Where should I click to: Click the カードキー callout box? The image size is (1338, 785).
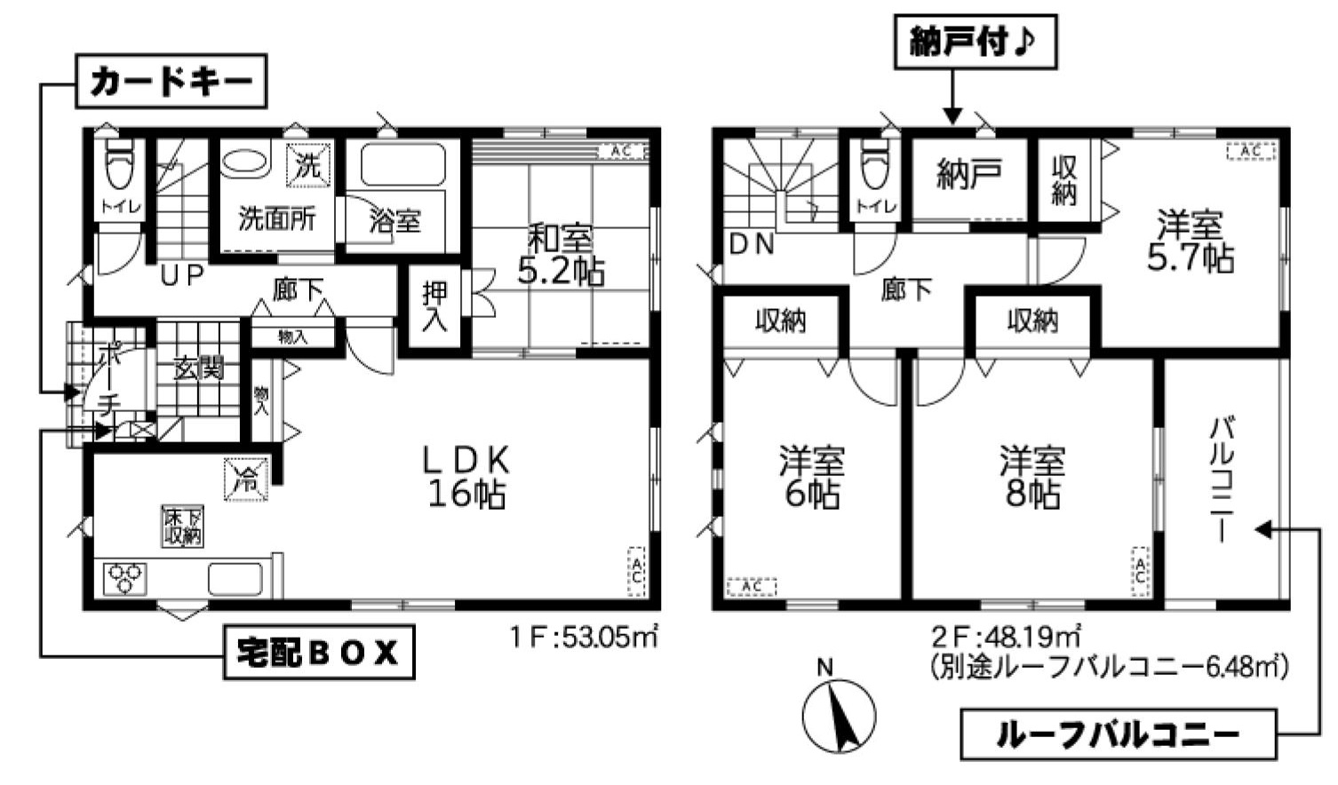[171, 81]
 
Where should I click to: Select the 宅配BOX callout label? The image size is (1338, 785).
[319, 653]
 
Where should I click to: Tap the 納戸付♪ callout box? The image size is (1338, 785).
[976, 42]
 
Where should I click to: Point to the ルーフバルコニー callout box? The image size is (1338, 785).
[1119, 734]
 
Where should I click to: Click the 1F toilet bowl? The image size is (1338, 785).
[121, 163]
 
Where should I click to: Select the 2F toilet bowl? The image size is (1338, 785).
[876, 163]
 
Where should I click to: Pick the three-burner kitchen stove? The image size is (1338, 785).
[125, 578]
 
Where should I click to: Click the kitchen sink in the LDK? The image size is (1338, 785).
[235, 579]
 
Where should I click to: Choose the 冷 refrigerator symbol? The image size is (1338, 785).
[245, 479]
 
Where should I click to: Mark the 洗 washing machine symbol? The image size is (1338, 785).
[308, 165]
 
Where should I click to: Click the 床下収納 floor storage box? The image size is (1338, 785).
[182, 526]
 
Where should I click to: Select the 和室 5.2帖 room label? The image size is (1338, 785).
[561, 255]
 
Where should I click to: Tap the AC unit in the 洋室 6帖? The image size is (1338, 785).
[752, 587]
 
